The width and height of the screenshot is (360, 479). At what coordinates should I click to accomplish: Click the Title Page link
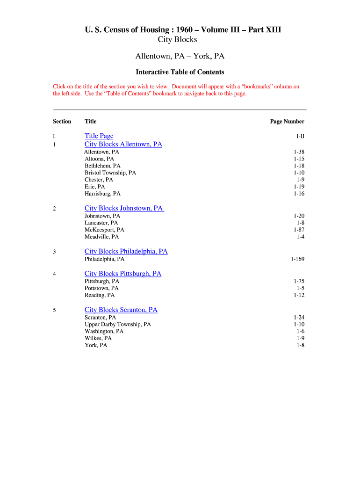[x=99, y=136]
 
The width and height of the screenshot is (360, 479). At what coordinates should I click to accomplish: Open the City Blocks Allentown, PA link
[x=123, y=145]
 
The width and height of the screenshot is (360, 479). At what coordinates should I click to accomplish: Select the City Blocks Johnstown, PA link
[x=124, y=209]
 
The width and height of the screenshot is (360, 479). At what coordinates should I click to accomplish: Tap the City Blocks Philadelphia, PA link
[x=126, y=252]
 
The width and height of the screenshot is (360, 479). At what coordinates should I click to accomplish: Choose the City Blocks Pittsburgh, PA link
[x=123, y=274]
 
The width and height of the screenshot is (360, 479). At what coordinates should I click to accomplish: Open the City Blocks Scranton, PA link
[x=121, y=310]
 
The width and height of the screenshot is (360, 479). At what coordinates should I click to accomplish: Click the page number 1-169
[x=297, y=259]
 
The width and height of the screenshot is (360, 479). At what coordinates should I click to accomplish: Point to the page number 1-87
[x=299, y=230]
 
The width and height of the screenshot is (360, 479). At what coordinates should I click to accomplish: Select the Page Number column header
[x=287, y=122]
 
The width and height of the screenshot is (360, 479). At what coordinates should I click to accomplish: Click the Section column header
[x=62, y=122]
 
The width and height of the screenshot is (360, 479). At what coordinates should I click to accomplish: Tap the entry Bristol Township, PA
[x=110, y=173]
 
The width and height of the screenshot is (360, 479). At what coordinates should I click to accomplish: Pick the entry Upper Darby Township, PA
[x=118, y=325]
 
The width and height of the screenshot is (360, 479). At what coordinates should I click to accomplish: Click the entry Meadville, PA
[x=101, y=237]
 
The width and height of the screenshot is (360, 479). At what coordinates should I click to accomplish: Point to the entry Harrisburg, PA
[x=102, y=194]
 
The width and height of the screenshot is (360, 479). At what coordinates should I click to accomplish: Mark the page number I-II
[x=300, y=137]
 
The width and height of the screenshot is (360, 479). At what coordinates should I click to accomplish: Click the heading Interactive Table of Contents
[x=180, y=73]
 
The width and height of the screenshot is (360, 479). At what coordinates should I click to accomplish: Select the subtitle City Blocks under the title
[x=177, y=40]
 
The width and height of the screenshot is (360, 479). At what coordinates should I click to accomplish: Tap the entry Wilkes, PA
[x=98, y=338]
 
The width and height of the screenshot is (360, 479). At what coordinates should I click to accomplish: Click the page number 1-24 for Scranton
[x=299, y=318]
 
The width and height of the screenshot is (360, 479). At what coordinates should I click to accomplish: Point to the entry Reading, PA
[x=100, y=296]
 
